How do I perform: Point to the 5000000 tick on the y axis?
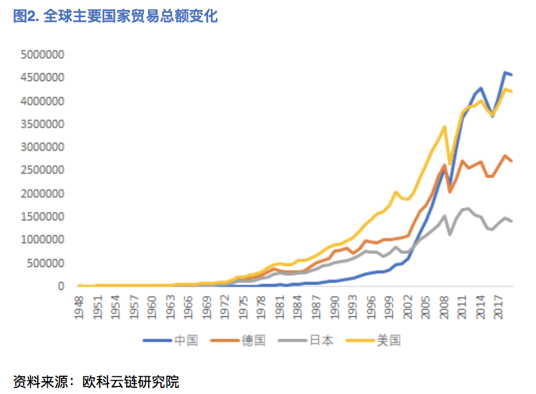coord(42,55)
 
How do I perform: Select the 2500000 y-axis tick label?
coord(42,170)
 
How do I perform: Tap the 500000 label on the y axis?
coord(45,263)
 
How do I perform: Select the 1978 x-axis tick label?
coord(261,305)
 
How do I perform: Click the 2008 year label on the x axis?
coord(444,305)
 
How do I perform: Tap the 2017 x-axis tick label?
coord(498,305)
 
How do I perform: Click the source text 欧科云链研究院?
coord(130,382)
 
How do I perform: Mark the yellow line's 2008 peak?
coord(444,127)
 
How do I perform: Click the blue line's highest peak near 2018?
coord(505,72)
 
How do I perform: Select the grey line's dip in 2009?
coord(450,234)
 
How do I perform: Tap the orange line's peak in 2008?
coord(444,165)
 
